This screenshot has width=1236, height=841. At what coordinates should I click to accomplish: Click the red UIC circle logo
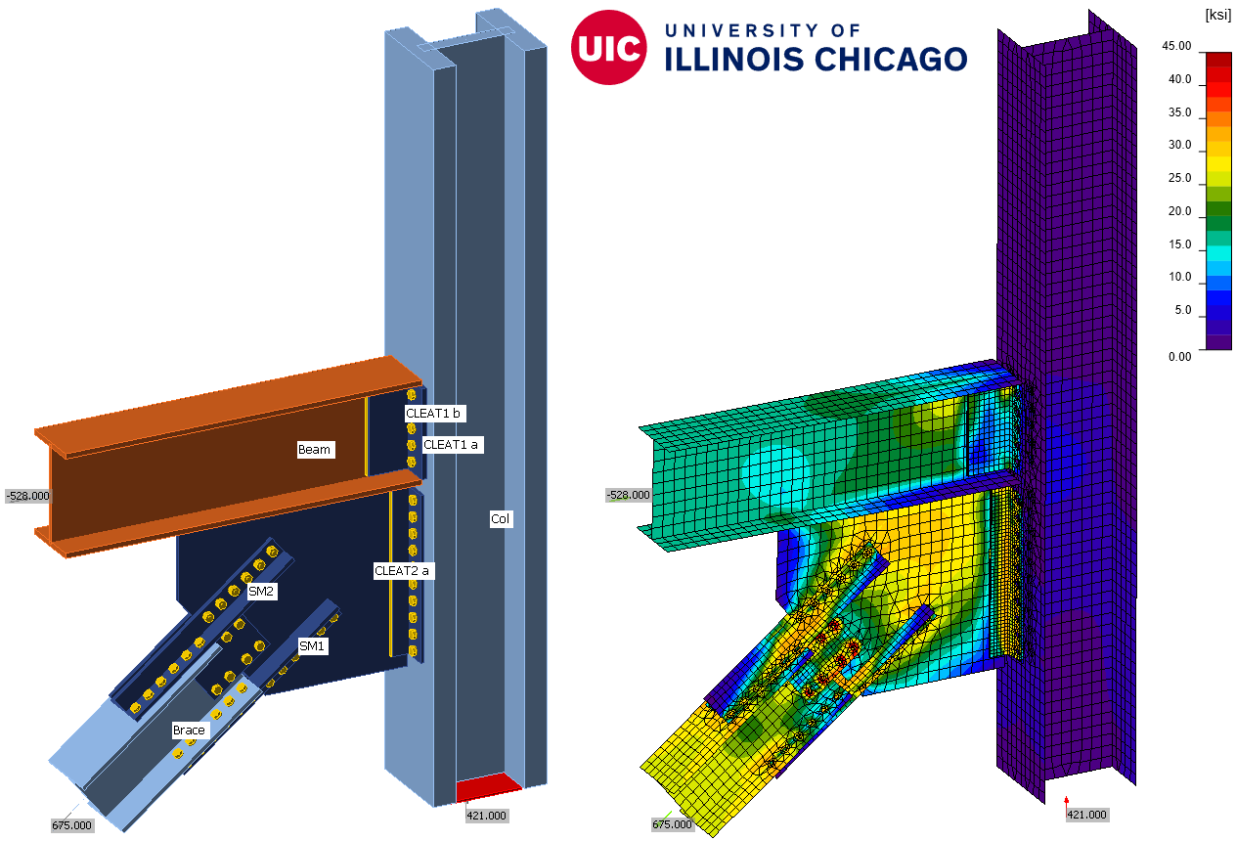(608, 48)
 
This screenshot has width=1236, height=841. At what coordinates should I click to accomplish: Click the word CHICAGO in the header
(891, 59)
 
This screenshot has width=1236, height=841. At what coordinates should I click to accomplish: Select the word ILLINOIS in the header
(733, 59)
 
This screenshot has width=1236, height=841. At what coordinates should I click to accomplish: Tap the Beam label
(315, 449)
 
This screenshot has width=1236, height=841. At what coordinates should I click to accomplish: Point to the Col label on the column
(501, 518)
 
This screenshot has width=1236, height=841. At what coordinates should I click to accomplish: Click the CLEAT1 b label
(433, 414)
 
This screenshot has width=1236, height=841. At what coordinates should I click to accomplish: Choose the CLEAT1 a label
(451, 445)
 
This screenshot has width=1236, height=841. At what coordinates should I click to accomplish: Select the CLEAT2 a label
(402, 570)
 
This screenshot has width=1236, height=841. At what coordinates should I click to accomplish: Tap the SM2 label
(261, 592)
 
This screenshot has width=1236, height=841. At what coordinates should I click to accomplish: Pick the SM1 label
(312, 646)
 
